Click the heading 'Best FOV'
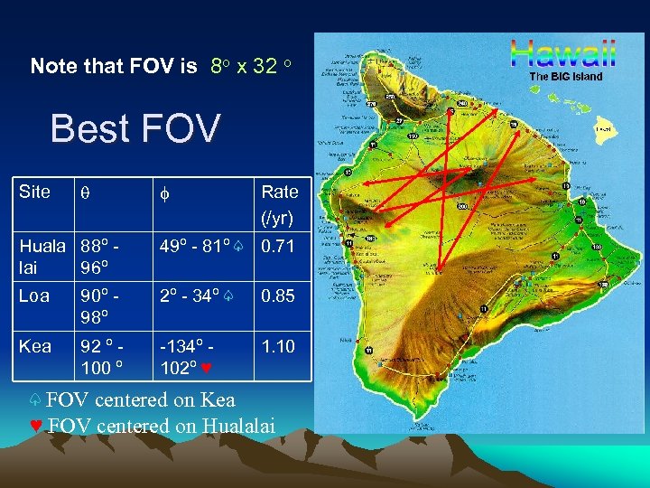(135, 128)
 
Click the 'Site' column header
(35, 191)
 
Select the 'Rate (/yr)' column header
(279, 204)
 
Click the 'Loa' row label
(35, 295)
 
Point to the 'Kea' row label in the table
(35, 345)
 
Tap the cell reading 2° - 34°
(193, 295)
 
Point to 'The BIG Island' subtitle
(565, 77)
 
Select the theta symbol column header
(84, 192)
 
